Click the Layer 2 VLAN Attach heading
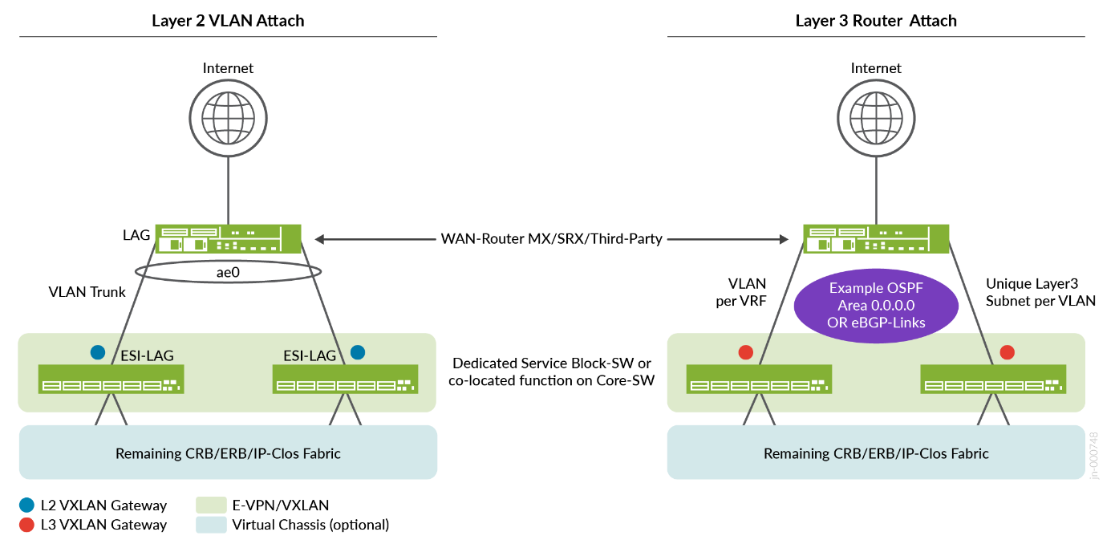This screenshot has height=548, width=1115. coord(228,21)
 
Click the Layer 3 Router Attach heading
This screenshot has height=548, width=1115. coord(876,21)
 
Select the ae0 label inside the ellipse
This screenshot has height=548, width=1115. coord(229,272)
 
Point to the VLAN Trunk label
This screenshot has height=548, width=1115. coord(87,292)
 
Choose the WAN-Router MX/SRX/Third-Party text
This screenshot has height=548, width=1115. coord(552,239)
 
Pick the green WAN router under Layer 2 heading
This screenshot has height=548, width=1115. coord(229,238)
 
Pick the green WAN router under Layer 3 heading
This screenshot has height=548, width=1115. coord(876,238)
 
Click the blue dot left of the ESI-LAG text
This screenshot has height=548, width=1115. coord(98,351)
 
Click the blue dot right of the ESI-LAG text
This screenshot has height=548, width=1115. coord(358,351)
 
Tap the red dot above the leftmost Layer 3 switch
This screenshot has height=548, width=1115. coord(746,351)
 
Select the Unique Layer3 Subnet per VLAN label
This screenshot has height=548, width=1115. coord(1040,292)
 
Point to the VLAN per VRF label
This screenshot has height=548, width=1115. coord(746,292)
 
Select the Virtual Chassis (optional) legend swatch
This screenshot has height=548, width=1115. coord(210,525)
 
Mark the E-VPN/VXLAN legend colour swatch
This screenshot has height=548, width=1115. coord(210,505)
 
